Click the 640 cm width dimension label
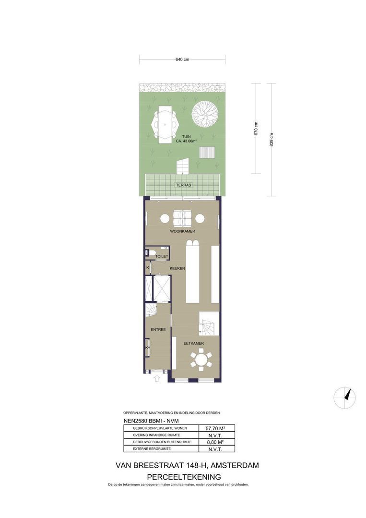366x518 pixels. click(x=182, y=59)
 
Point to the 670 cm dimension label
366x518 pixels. click(x=256, y=129)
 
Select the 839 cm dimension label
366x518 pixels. click(x=272, y=140)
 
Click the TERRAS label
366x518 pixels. click(x=183, y=185)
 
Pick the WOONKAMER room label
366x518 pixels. click(x=183, y=231)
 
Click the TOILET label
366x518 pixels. click(x=162, y=256)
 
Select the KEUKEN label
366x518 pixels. click(x=177, y=269)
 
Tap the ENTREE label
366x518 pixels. click(x=158, y=330)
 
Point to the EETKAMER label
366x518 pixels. click(x=194, y=343)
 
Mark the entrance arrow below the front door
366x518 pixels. click(x=157, y=378)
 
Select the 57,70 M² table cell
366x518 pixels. click(x=215, y=428)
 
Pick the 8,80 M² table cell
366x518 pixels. click(x=215, y=442)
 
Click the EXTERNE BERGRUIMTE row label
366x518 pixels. click(x=152, y=449)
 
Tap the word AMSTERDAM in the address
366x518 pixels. click(x=235, y=465)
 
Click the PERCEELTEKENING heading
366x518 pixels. click(x=184, y=477)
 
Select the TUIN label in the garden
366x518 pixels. click(x=186, y=136)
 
